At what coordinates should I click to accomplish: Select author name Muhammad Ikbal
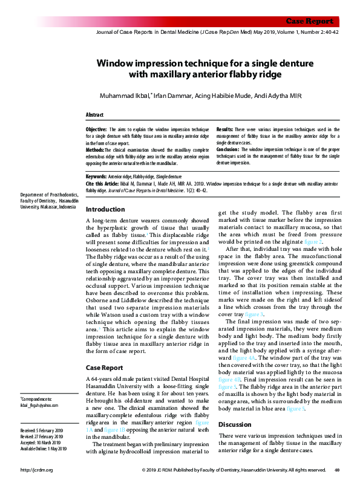[125, 96]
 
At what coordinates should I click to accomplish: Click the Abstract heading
[94, 115]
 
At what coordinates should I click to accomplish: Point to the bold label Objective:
[96, 129]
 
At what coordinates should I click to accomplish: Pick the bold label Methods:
[95, 149]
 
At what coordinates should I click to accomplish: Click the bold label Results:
[225, 129]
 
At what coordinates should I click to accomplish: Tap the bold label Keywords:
[96, 176]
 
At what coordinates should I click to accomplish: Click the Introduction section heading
[105, 209]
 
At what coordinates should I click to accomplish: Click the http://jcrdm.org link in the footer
[37, 470]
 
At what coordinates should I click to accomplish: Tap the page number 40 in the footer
[337, 470]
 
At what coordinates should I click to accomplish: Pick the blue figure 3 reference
[254, 315]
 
